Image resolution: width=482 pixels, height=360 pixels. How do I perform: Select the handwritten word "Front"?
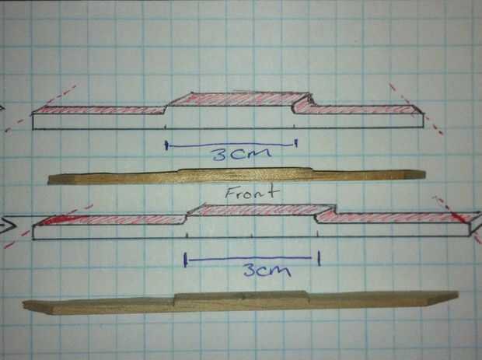click(x=247, y=193)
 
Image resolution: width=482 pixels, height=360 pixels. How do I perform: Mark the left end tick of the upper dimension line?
click(x=167, y=144)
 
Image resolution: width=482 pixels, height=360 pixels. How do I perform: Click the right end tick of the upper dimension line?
click(x=296, y=144)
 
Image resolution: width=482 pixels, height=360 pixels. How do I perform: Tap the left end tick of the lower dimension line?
click(x=185, y=260)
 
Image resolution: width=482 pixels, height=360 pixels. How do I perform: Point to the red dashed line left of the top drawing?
click(x=39, y=108)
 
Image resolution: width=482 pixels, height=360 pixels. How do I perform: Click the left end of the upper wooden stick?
click(x=52, y=180)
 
